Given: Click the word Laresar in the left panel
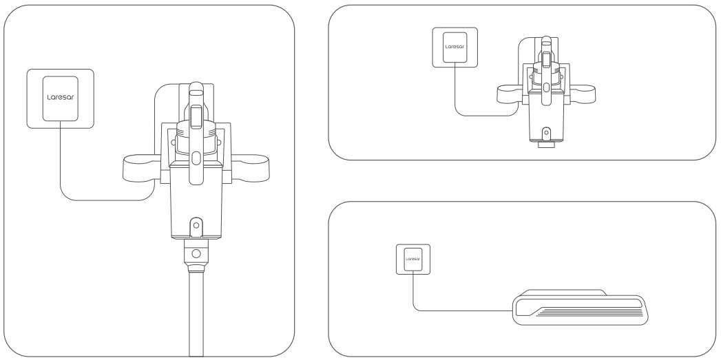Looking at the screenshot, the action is (60, 97).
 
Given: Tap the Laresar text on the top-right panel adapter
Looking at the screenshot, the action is (454, 46).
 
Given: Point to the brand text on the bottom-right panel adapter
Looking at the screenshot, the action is (413, 259).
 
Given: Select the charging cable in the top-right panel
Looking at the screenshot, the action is (483, 116).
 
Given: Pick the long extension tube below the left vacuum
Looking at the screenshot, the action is (196, 313).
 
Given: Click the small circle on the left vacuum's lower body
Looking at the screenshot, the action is (196, 225).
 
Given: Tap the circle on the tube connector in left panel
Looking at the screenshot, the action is (196, 253).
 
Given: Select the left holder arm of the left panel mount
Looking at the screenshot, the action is (140, 167).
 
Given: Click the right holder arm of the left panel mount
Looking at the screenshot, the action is (251, 167).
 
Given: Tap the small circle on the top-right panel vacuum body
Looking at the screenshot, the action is (546, 133).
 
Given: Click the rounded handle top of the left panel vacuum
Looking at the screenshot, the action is (196, 88).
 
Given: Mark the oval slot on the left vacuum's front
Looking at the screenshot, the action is (196, 157).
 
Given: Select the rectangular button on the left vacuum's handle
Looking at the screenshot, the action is (196, 116).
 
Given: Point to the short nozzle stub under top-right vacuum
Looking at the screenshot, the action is (546, 145).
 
